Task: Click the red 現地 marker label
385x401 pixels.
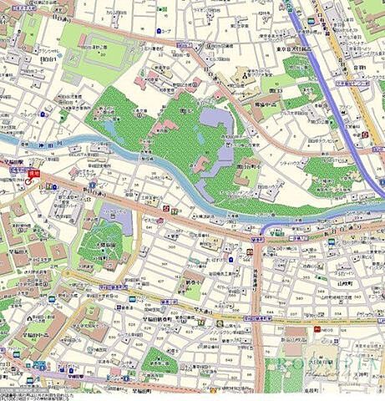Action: [x=33, y=173]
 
